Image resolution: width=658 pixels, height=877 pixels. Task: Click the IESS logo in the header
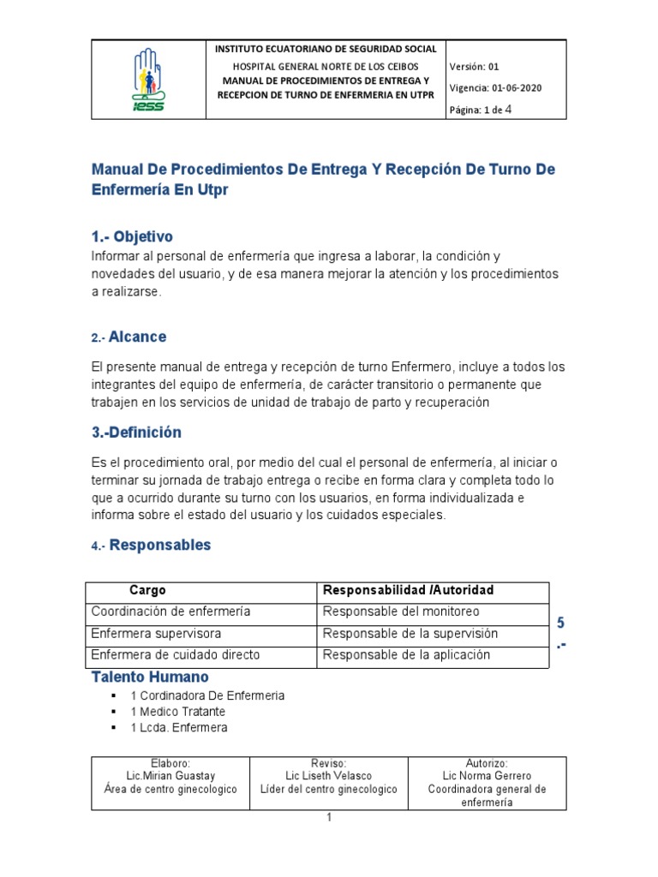click(148, 80)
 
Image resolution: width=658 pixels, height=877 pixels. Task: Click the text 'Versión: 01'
click(473, 66)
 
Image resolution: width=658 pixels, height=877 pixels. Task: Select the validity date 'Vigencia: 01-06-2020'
click(494, 87)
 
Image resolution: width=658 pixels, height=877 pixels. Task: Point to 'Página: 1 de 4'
click(481, 109)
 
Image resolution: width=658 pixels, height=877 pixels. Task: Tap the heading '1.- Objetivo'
click(132, 236)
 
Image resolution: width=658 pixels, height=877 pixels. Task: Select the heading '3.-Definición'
click(136, 433)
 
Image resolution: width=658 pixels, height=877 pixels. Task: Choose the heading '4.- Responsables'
click(151, 546)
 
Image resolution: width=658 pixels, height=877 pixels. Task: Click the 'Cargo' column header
click(147, 591)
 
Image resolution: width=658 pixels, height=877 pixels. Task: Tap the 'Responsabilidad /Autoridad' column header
click(408, 591)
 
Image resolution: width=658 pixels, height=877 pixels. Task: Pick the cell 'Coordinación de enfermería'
click(170, 612)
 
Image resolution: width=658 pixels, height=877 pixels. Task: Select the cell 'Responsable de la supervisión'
click(410, 634)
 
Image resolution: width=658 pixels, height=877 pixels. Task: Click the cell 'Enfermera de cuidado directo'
click(175, 655)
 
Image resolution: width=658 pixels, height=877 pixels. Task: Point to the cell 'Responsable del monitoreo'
click(400, 612)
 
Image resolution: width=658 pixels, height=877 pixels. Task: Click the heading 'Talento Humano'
click(150, 677)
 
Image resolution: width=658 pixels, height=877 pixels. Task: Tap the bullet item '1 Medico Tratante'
click(178, 712)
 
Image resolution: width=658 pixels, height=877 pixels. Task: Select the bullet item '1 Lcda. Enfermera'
click(179, 728)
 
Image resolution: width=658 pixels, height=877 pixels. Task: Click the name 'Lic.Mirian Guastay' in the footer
click(170, 776)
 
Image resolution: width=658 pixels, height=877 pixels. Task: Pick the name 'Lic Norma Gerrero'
click(487, 776)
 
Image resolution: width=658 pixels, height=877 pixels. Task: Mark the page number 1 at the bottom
click(328, 819)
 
